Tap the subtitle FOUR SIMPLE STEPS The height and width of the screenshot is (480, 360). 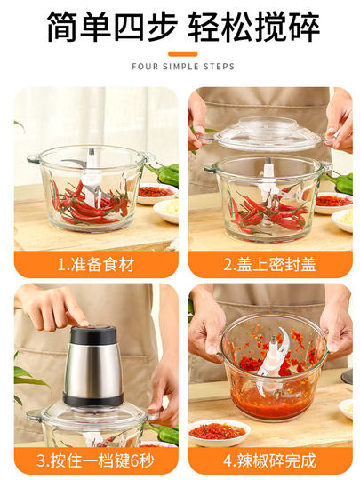point(182,67)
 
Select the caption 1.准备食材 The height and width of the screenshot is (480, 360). point(94,264)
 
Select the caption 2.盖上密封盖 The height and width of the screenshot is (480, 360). point(268,264)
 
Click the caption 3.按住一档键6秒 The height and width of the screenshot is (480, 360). point(94,461)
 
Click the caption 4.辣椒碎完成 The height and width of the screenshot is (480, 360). point(268,461)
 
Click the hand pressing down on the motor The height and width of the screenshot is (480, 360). point(53,307)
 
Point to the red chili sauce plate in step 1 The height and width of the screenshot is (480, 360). point(156,191)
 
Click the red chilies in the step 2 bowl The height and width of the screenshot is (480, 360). point(267,210)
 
